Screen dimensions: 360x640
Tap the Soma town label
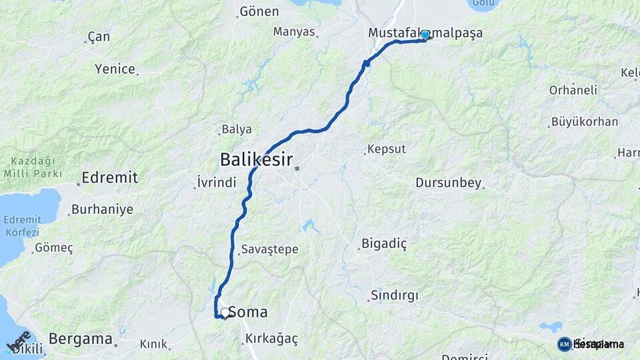tap(248, 312)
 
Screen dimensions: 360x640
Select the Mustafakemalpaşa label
tap(425, 33)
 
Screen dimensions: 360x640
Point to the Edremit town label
tap(109, 177)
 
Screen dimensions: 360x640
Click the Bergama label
tap(81, 339)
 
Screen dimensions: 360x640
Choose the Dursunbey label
tap(448, 182)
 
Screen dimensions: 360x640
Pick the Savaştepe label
tap(270, 249)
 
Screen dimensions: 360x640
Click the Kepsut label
tap(387, 149)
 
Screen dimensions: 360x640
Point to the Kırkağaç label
tap(271, 339)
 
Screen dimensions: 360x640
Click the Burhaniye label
tap(102, 209)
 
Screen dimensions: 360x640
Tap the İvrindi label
tap(217, 182)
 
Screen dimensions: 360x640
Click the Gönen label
tap(259, 11)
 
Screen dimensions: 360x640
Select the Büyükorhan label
tap(585, 122)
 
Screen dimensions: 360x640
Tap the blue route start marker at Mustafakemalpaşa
tap(425, 35)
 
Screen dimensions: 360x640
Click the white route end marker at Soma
tap(225, 312)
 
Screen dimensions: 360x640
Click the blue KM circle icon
tap(564, 344)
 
